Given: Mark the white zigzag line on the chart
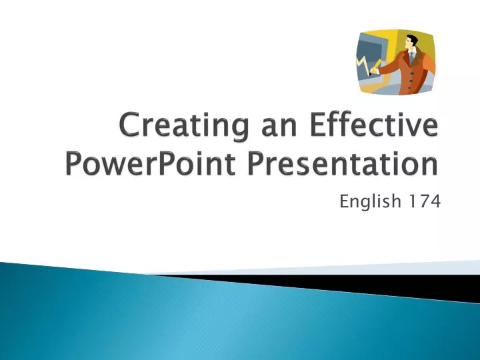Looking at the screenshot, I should [x=363, y=65].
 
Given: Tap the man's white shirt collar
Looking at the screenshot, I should [x=415, y=51].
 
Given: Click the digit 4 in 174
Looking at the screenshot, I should [x=434, y=200].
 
